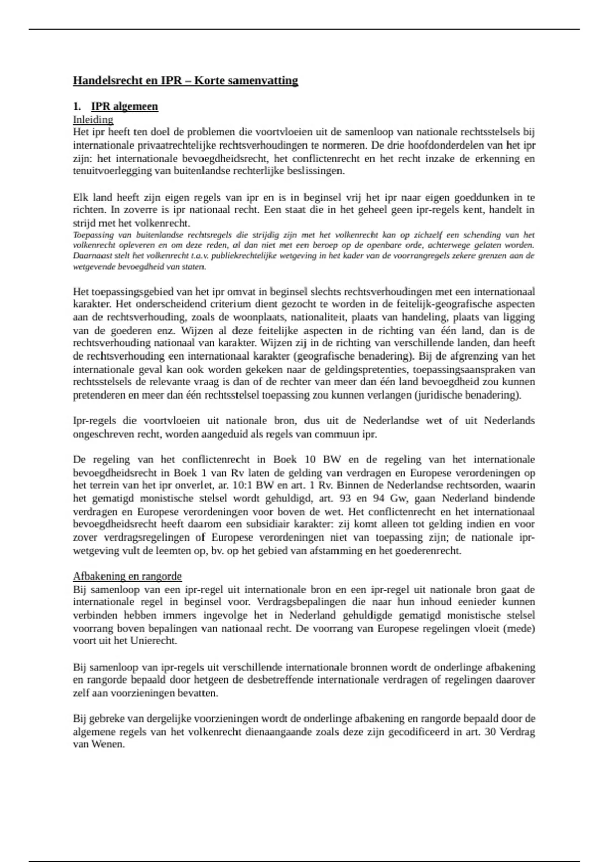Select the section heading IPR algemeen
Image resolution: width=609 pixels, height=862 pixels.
coord(125,106)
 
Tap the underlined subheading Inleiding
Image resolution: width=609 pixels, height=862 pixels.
coord(93,120)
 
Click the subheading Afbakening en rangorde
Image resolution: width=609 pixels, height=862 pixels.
coord(127,576)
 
